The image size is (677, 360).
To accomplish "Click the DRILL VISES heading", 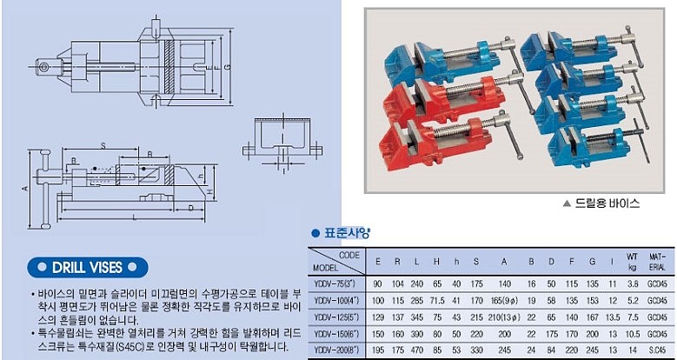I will (x=86, y=266).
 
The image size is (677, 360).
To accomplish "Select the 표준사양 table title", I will (x=346, y=233).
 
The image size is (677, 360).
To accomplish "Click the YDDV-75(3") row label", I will (x=335, y=283).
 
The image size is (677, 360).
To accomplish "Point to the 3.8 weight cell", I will (x=633, y=283).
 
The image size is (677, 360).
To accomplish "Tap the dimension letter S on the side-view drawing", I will (x=103, y=144).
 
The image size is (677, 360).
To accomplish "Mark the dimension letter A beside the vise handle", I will (x=25, y=187).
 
